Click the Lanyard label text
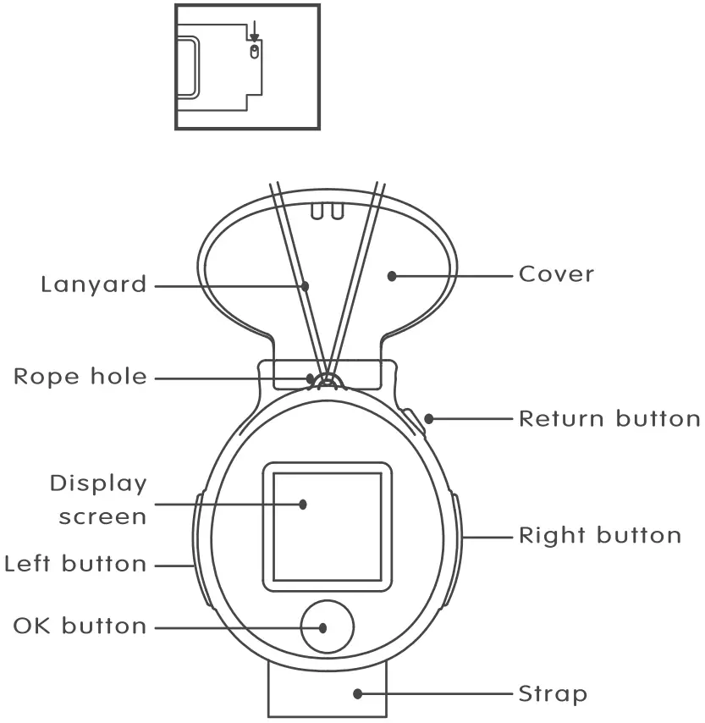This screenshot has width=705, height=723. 93,284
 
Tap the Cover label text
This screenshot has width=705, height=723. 557,274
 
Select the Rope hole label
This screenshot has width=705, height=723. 80,377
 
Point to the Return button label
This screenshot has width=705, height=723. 609,418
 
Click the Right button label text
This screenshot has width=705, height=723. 600,535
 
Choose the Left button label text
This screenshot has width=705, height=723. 75,564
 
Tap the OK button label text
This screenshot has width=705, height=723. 80,627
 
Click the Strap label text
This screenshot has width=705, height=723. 553,694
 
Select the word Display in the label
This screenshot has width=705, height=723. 98,483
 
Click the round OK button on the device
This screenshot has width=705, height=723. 328,627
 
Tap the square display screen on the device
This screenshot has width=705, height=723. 327,526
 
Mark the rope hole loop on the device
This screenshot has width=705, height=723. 325,378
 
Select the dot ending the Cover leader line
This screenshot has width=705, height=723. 392,275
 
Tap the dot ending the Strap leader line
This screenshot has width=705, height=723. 358,693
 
